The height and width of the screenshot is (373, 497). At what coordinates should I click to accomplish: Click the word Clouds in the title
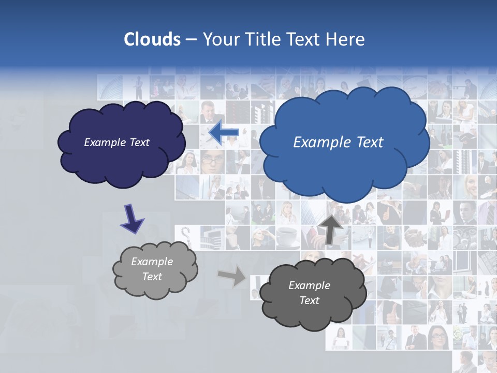[152, 39]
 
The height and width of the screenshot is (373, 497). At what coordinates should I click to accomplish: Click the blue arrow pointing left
[224, 133]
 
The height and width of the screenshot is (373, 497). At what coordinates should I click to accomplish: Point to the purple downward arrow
[133, 218]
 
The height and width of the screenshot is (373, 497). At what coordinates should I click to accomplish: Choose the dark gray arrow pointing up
[331, 228]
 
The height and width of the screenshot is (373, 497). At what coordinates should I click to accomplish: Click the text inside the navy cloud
[116, 142]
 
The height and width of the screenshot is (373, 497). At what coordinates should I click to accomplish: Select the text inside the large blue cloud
[338, 142]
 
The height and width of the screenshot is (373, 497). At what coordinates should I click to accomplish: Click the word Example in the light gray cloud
[152, 262]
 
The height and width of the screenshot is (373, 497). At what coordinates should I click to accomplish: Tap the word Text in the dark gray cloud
[309, 300]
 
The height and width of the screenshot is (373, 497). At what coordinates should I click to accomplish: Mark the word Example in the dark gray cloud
[309, 285]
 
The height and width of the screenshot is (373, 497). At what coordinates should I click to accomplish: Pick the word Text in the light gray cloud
[152, 277]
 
